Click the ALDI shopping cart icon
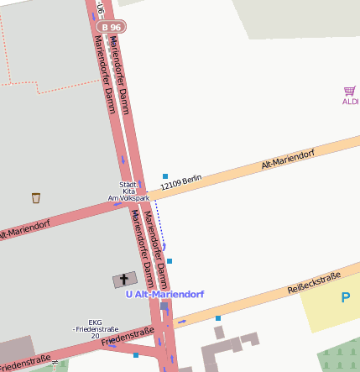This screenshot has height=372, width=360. pos(349,91)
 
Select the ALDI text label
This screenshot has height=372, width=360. pos(350,102)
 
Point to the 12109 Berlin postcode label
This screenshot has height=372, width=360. pos(181,181)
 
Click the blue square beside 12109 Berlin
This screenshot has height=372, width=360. pos(165,176)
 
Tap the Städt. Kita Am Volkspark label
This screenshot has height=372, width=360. pos(128,191)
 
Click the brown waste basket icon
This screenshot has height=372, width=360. pos(36,198)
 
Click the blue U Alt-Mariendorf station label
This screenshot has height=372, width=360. pos(164,295)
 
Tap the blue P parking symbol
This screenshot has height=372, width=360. pos(345,297)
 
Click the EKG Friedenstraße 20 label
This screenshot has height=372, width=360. pos(96,328)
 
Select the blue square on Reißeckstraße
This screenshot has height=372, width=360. pos(218,318)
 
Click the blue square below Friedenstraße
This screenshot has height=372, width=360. pos(136,355)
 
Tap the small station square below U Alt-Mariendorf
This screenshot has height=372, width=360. pos(164,306)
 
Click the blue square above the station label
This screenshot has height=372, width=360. pos(170,261)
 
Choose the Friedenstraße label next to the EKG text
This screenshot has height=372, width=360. pos(128,338)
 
